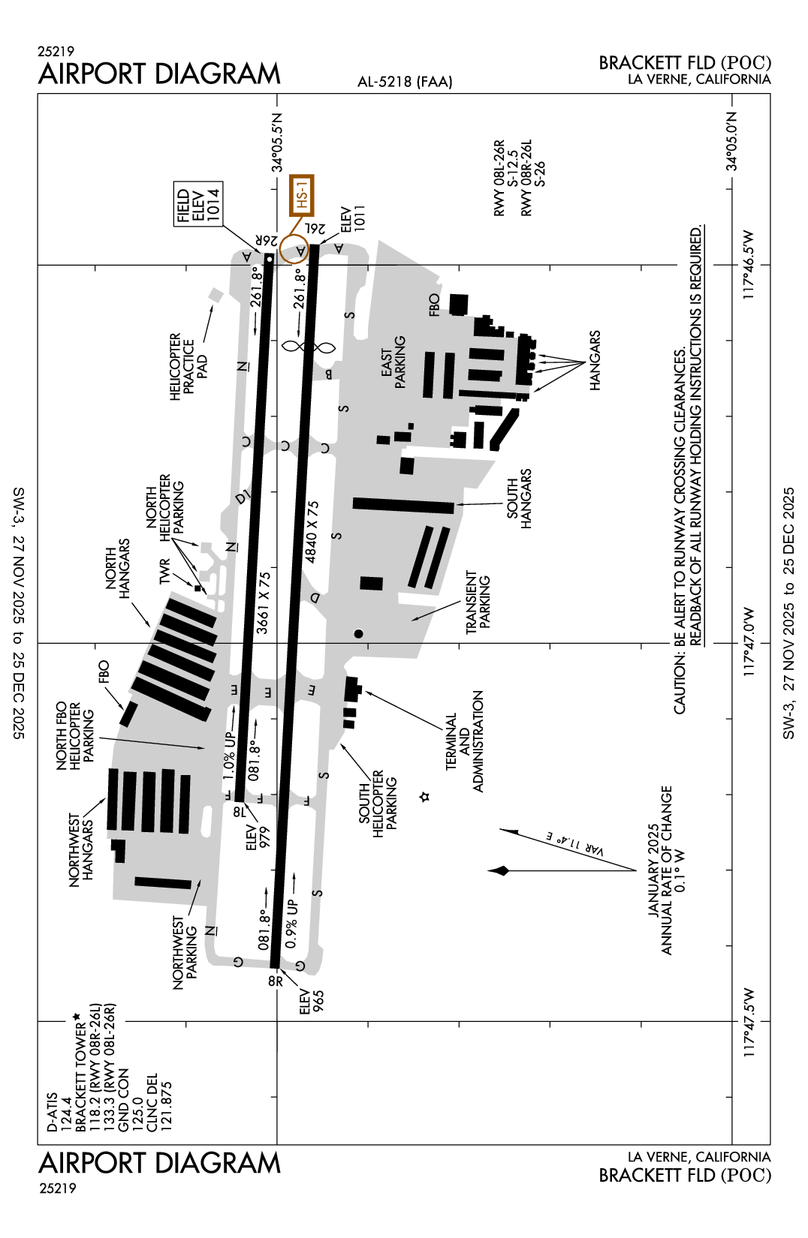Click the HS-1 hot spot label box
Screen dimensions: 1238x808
click(x=301, y=195)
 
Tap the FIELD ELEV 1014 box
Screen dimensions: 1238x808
click(x=198, y=203)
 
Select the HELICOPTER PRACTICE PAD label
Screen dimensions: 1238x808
click(x=188, y=366)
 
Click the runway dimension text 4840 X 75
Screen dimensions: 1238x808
click(x=312, y=531)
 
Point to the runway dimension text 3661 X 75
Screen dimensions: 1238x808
click(x=263, y=602)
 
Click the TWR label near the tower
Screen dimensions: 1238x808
click(x=164, y=571)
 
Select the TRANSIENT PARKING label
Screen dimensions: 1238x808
click(x=478, y=602)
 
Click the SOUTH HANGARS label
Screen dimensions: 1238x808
click(x=519, y=499)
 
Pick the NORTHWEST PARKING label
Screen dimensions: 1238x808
click(x=185, y=952)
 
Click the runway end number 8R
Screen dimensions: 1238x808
click(x=276, y=981)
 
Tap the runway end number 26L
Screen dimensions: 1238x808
click(x=315, y=228)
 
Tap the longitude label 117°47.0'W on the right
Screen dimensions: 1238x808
click(x=749, y=642)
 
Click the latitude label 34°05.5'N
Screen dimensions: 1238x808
click(x=277, y=143)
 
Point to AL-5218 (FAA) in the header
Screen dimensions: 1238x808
click(x=405, y=82)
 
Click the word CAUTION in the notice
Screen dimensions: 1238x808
click(x=680, y=684)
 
